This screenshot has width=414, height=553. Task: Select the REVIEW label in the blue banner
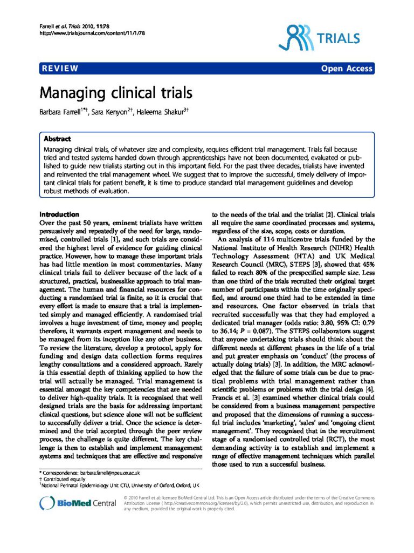[x=60, y=69]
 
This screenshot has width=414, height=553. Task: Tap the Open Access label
[x=347, y=69]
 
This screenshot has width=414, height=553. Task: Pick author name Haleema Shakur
[x=157, y=113]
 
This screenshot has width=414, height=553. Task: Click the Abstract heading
[x=57, y=138]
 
